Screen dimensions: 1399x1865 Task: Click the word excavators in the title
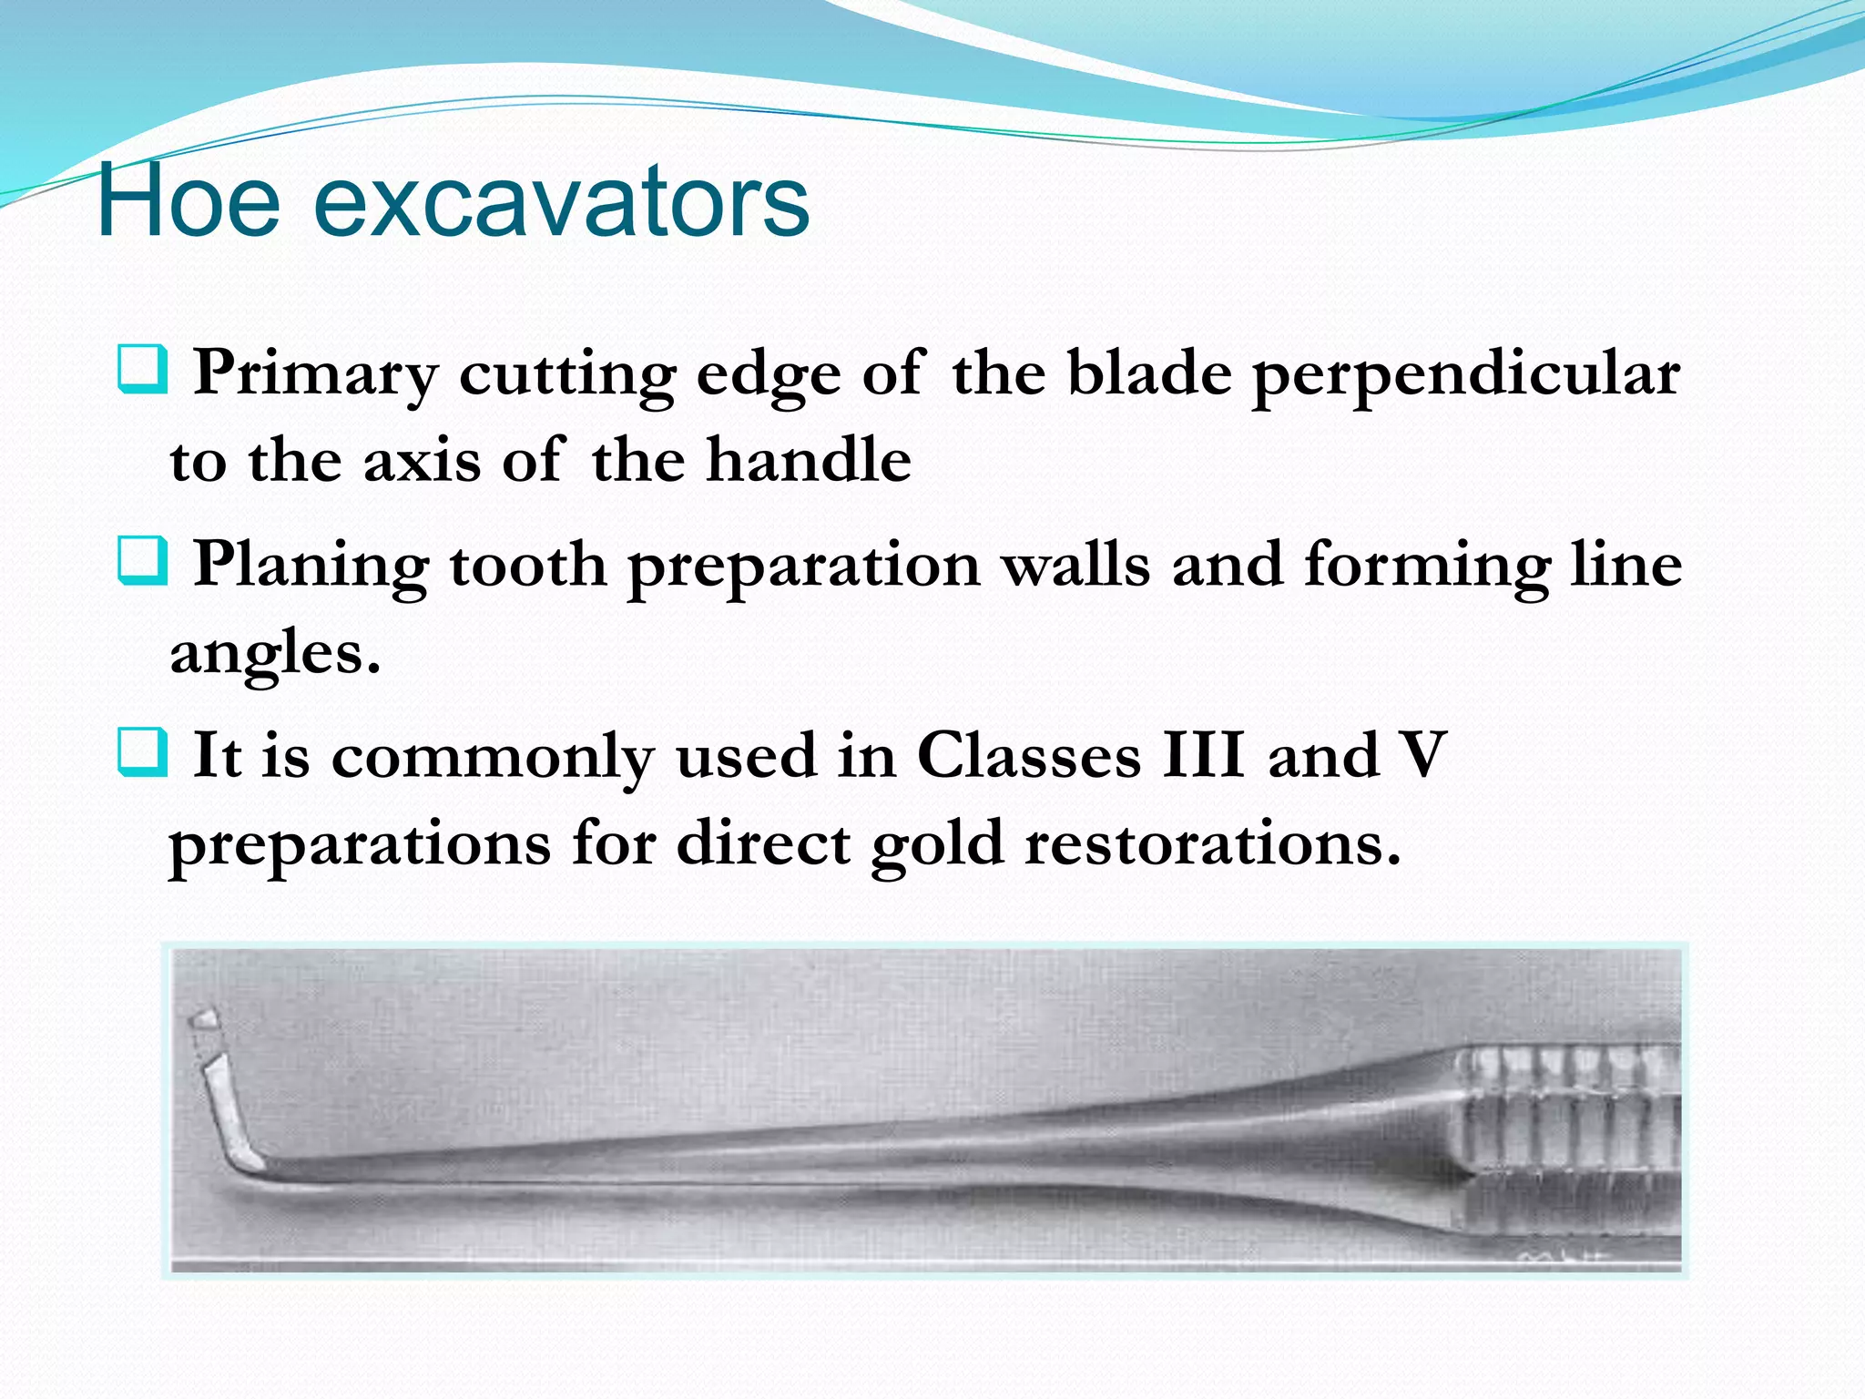click(x=560, y=202)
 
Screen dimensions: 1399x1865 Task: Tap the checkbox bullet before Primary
click(x=143, y=370)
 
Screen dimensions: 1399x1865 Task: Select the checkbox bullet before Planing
click(x=143, y=561)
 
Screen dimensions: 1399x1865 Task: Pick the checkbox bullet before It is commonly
click(x=143, y=752)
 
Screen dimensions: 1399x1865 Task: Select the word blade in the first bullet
click(x=1148, y=373)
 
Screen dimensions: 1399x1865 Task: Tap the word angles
click(x=273, y=654)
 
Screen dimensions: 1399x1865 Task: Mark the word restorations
click(x=1211, y=843)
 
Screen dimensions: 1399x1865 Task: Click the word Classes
click(x=1028, y=756)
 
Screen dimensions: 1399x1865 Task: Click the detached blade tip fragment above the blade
click(x=205, y=1019)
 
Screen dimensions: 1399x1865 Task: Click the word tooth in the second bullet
click(x=528, y=565)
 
